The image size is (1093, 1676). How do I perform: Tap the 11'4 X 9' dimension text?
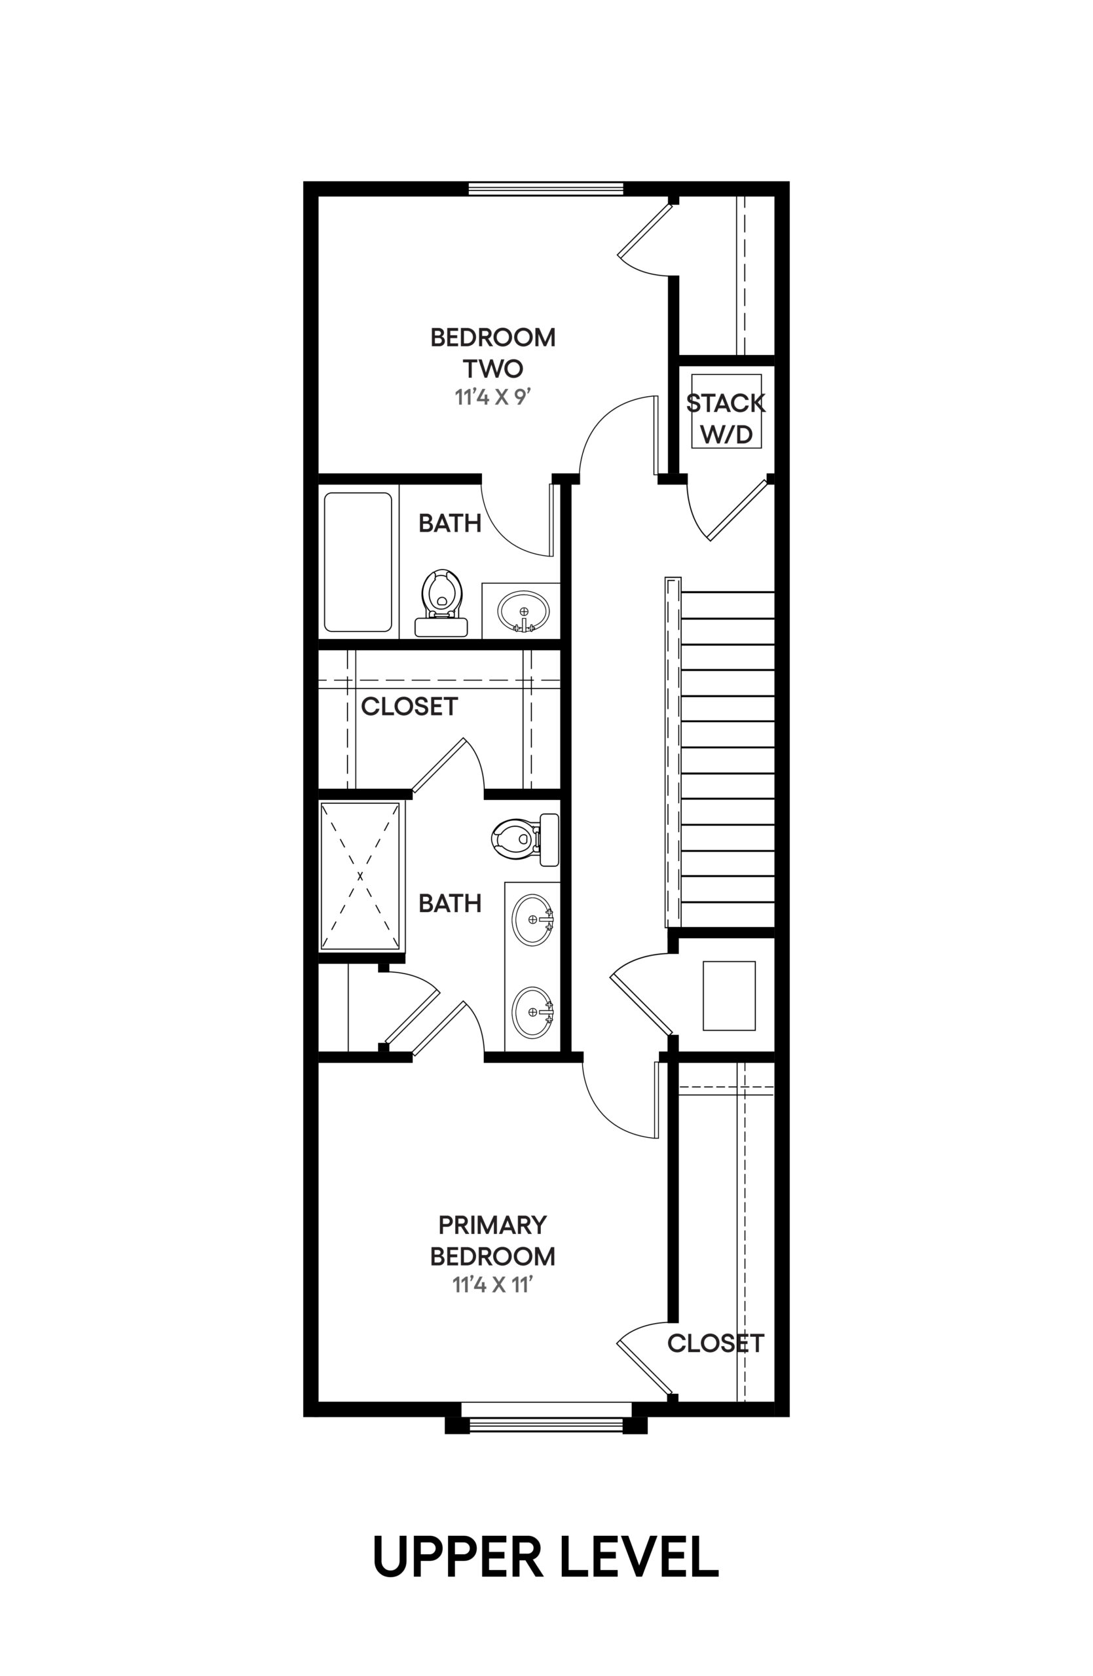(x=492, y=397)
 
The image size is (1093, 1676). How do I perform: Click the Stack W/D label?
(x=726, y=419)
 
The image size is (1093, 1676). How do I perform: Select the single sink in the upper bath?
(x=523, y=611)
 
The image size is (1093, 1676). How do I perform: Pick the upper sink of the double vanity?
(x=533, y=919)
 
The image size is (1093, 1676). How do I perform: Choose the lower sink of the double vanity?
(x=533, y=1012)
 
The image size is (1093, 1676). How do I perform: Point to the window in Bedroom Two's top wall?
(x=546, y=188)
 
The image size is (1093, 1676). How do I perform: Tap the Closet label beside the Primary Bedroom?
(x=716, y=1343)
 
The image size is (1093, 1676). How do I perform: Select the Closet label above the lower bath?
(x=409, y=706)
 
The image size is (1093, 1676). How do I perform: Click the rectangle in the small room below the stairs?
(x=729, y=996)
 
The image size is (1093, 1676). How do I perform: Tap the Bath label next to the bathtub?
(x=450, y=523)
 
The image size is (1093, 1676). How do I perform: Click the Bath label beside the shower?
(x=450, y=903)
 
